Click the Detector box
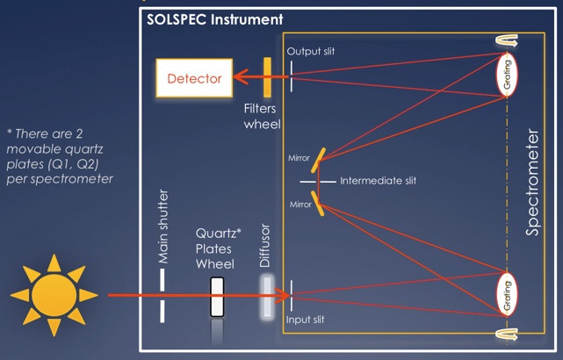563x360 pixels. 194,78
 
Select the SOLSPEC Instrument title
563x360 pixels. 215,18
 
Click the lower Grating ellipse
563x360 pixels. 507,292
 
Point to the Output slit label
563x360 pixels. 311,52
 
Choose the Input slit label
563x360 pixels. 307,320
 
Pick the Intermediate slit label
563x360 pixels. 378,181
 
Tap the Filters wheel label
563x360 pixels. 263,118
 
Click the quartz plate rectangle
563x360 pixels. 217,295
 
